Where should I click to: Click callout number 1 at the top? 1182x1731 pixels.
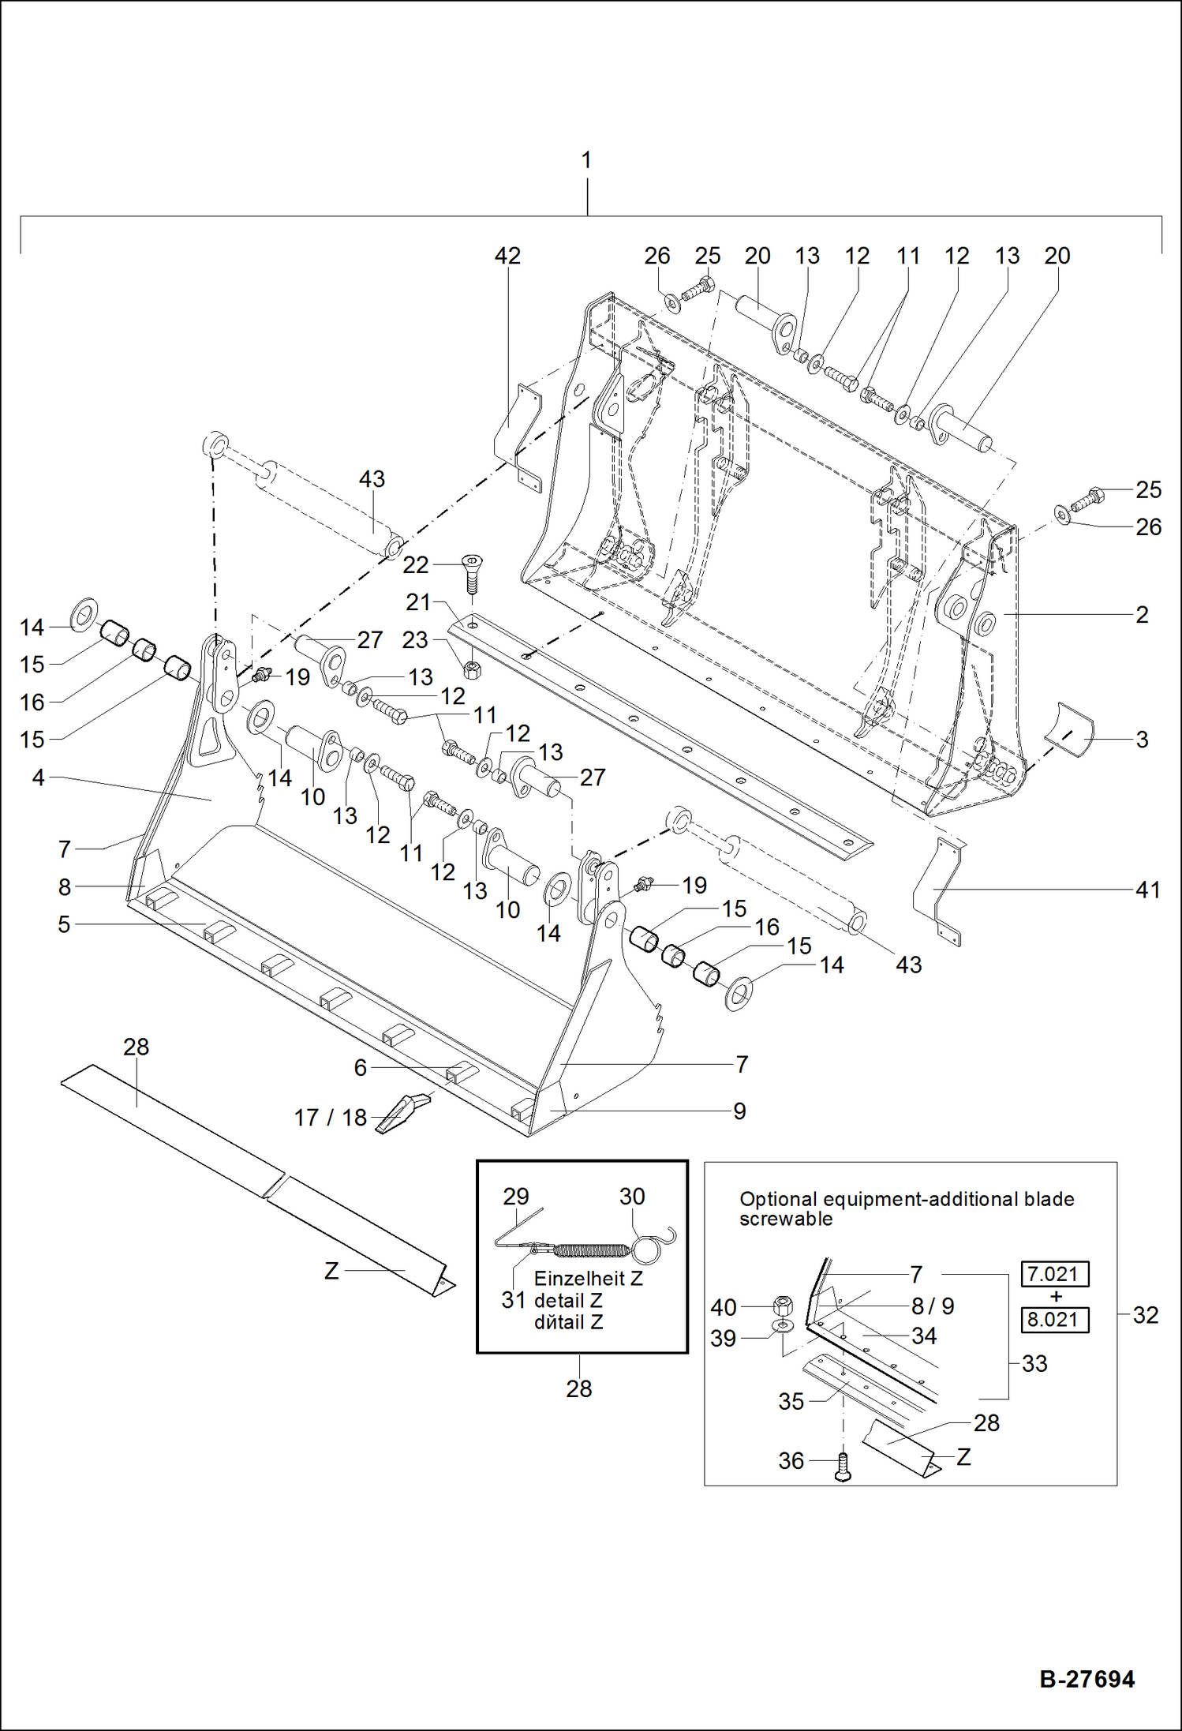click(586, 160)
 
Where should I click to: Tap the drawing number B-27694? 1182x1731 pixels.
click(1087, 1678)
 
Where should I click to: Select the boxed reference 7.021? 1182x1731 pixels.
click(1054, 1274)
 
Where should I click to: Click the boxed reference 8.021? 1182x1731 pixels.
click(1054, 1320)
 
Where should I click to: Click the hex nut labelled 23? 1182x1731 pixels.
click(472, 671)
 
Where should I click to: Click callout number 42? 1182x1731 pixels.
click(507, 256)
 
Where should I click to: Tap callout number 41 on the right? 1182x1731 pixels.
click(1147, 890)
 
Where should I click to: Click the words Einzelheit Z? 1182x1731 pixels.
click(588, 1278)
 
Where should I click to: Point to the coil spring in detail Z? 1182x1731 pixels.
click(592, 1250)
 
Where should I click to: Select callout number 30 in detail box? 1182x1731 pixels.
click(631, 1197)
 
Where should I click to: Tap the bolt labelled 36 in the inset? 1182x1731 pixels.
click(842, 1467)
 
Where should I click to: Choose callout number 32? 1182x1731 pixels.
click(1145, 1315)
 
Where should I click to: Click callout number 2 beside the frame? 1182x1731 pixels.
click(1142, 614)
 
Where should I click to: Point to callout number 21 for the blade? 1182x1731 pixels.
click(417, 601)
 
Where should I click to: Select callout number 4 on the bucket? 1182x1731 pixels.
click(38, 777)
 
